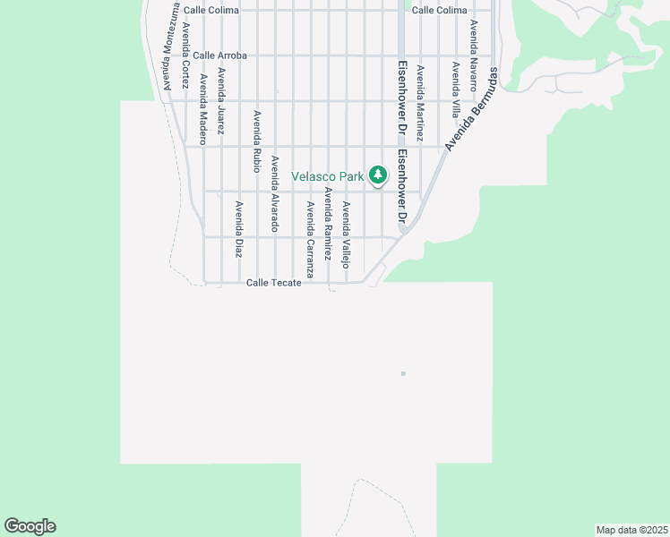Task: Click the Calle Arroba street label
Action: (219, 55)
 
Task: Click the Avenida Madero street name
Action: (203, 109)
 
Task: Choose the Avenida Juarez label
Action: (221, 101)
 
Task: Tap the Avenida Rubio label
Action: (257, 141)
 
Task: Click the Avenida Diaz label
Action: (239, 229)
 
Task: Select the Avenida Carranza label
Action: (310, 239)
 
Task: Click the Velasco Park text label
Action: (328, 176)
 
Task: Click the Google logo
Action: (30, 526)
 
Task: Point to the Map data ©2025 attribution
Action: (631, 530)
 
